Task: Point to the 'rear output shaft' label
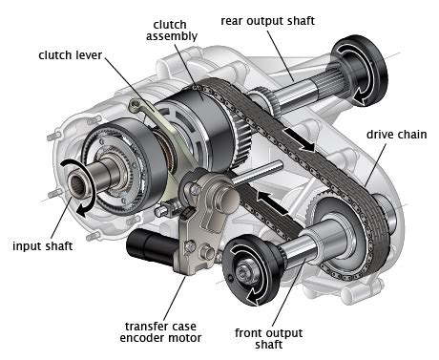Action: tap(268, 18)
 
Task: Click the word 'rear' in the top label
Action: tap(235, 18)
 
